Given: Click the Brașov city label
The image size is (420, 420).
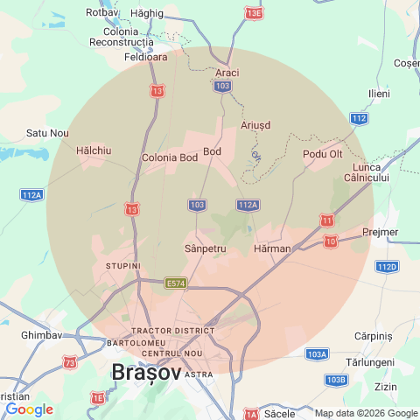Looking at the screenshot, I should point(146,373).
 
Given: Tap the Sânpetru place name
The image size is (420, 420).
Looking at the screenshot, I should point(206,249).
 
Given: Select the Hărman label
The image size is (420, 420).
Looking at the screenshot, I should point(271,249).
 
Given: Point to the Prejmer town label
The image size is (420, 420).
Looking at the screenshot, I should point(379,232).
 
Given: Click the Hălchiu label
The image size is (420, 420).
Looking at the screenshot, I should point(94,150).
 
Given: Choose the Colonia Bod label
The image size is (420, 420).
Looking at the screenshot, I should point(170,158).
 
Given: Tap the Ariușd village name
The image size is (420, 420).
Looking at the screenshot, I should point(255,125).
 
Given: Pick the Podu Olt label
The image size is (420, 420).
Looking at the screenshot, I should point(322,154).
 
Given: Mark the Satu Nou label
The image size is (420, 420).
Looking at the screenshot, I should point(47,133).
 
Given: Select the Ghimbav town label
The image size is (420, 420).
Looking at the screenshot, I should point(41,335).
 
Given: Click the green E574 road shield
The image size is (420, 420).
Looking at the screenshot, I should point(176,283).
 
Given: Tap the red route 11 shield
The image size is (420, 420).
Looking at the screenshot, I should point(327,220).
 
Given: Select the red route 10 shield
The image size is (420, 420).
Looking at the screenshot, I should point(331,241).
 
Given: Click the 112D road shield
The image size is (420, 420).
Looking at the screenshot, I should point(386,266).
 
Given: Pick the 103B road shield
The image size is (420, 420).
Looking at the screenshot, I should point(335,380).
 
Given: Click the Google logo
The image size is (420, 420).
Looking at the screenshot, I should point(29,409).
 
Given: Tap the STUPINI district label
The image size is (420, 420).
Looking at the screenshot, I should point(122,263).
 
